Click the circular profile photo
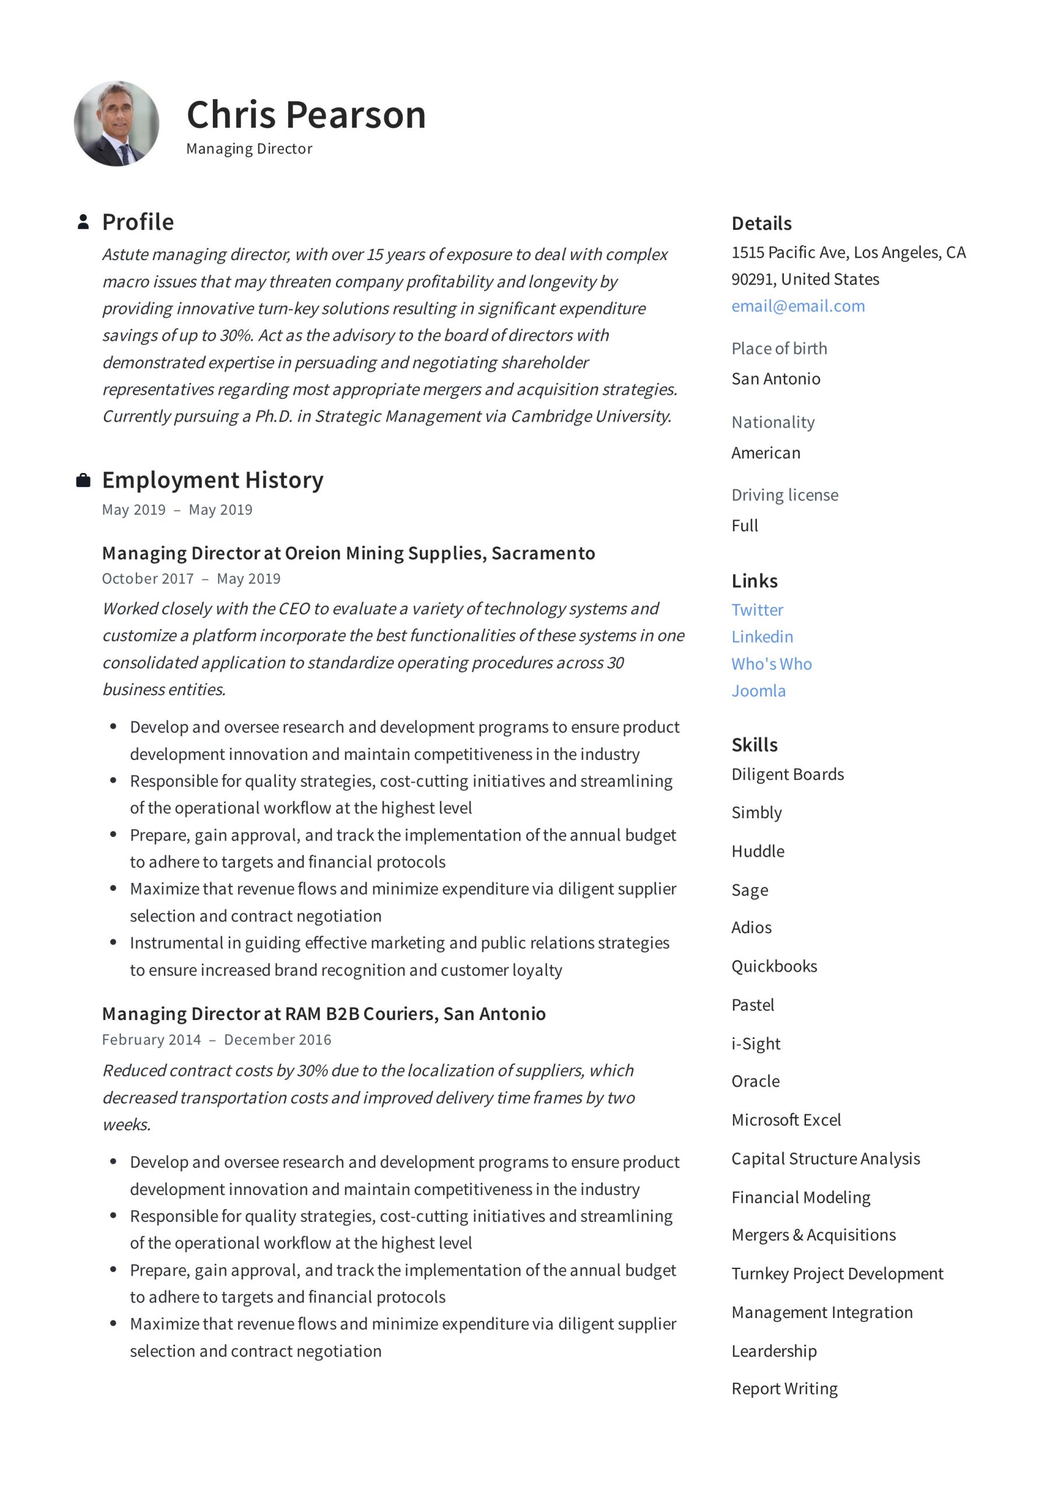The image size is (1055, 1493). [117, 124]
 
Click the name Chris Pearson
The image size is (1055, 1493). [306, 115]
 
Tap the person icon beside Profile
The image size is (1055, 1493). [83, 222]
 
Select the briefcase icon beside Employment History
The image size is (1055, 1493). [83, 481]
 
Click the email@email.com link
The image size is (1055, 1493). [797, 306]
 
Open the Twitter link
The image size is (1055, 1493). [757, 610]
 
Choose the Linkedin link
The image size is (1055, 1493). [762, 637]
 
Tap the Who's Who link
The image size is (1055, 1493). [772, 664]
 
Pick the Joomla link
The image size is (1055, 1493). [758, 691]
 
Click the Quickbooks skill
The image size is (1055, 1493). [774, 966]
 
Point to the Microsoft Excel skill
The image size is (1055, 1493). [786, 1120]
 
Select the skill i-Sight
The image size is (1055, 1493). [755, 1044]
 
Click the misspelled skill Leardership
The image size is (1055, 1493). [773, 1351]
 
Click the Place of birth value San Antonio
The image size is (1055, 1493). [775, 379]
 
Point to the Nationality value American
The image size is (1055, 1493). [766, 453]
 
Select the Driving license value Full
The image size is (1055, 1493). [744, 525]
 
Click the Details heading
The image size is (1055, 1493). [761, 224]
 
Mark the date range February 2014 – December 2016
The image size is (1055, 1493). [216, 1040]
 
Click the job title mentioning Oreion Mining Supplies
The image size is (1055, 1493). [348, 553]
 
